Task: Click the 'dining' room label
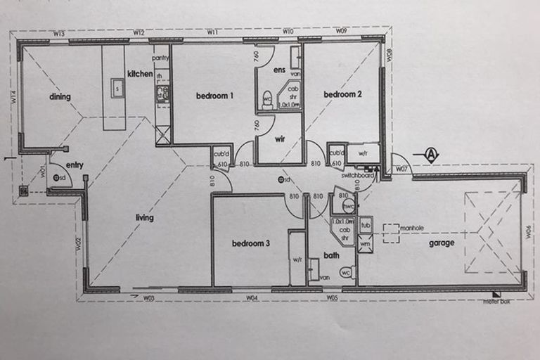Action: [x=60, y=96]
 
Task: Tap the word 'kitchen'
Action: [x=140, y=74]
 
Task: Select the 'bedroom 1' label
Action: [x=214, y=96]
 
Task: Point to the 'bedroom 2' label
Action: [x=342, y=94]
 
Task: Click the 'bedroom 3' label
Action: [x=251, y=243]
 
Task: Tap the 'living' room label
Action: [x=144, y=218]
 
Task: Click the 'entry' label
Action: [x=75, y=165]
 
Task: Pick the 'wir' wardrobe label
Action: [x=278, y=139]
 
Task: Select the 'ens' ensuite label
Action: [x=279, y=70]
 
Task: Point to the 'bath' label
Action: [x=331, y=255]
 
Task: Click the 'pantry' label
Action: [x=161, y=58]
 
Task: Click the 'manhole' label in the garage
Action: [x=413, y=228]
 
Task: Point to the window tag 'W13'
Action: [x=58, y=34]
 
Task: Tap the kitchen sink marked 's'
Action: [x=117, y=89]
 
